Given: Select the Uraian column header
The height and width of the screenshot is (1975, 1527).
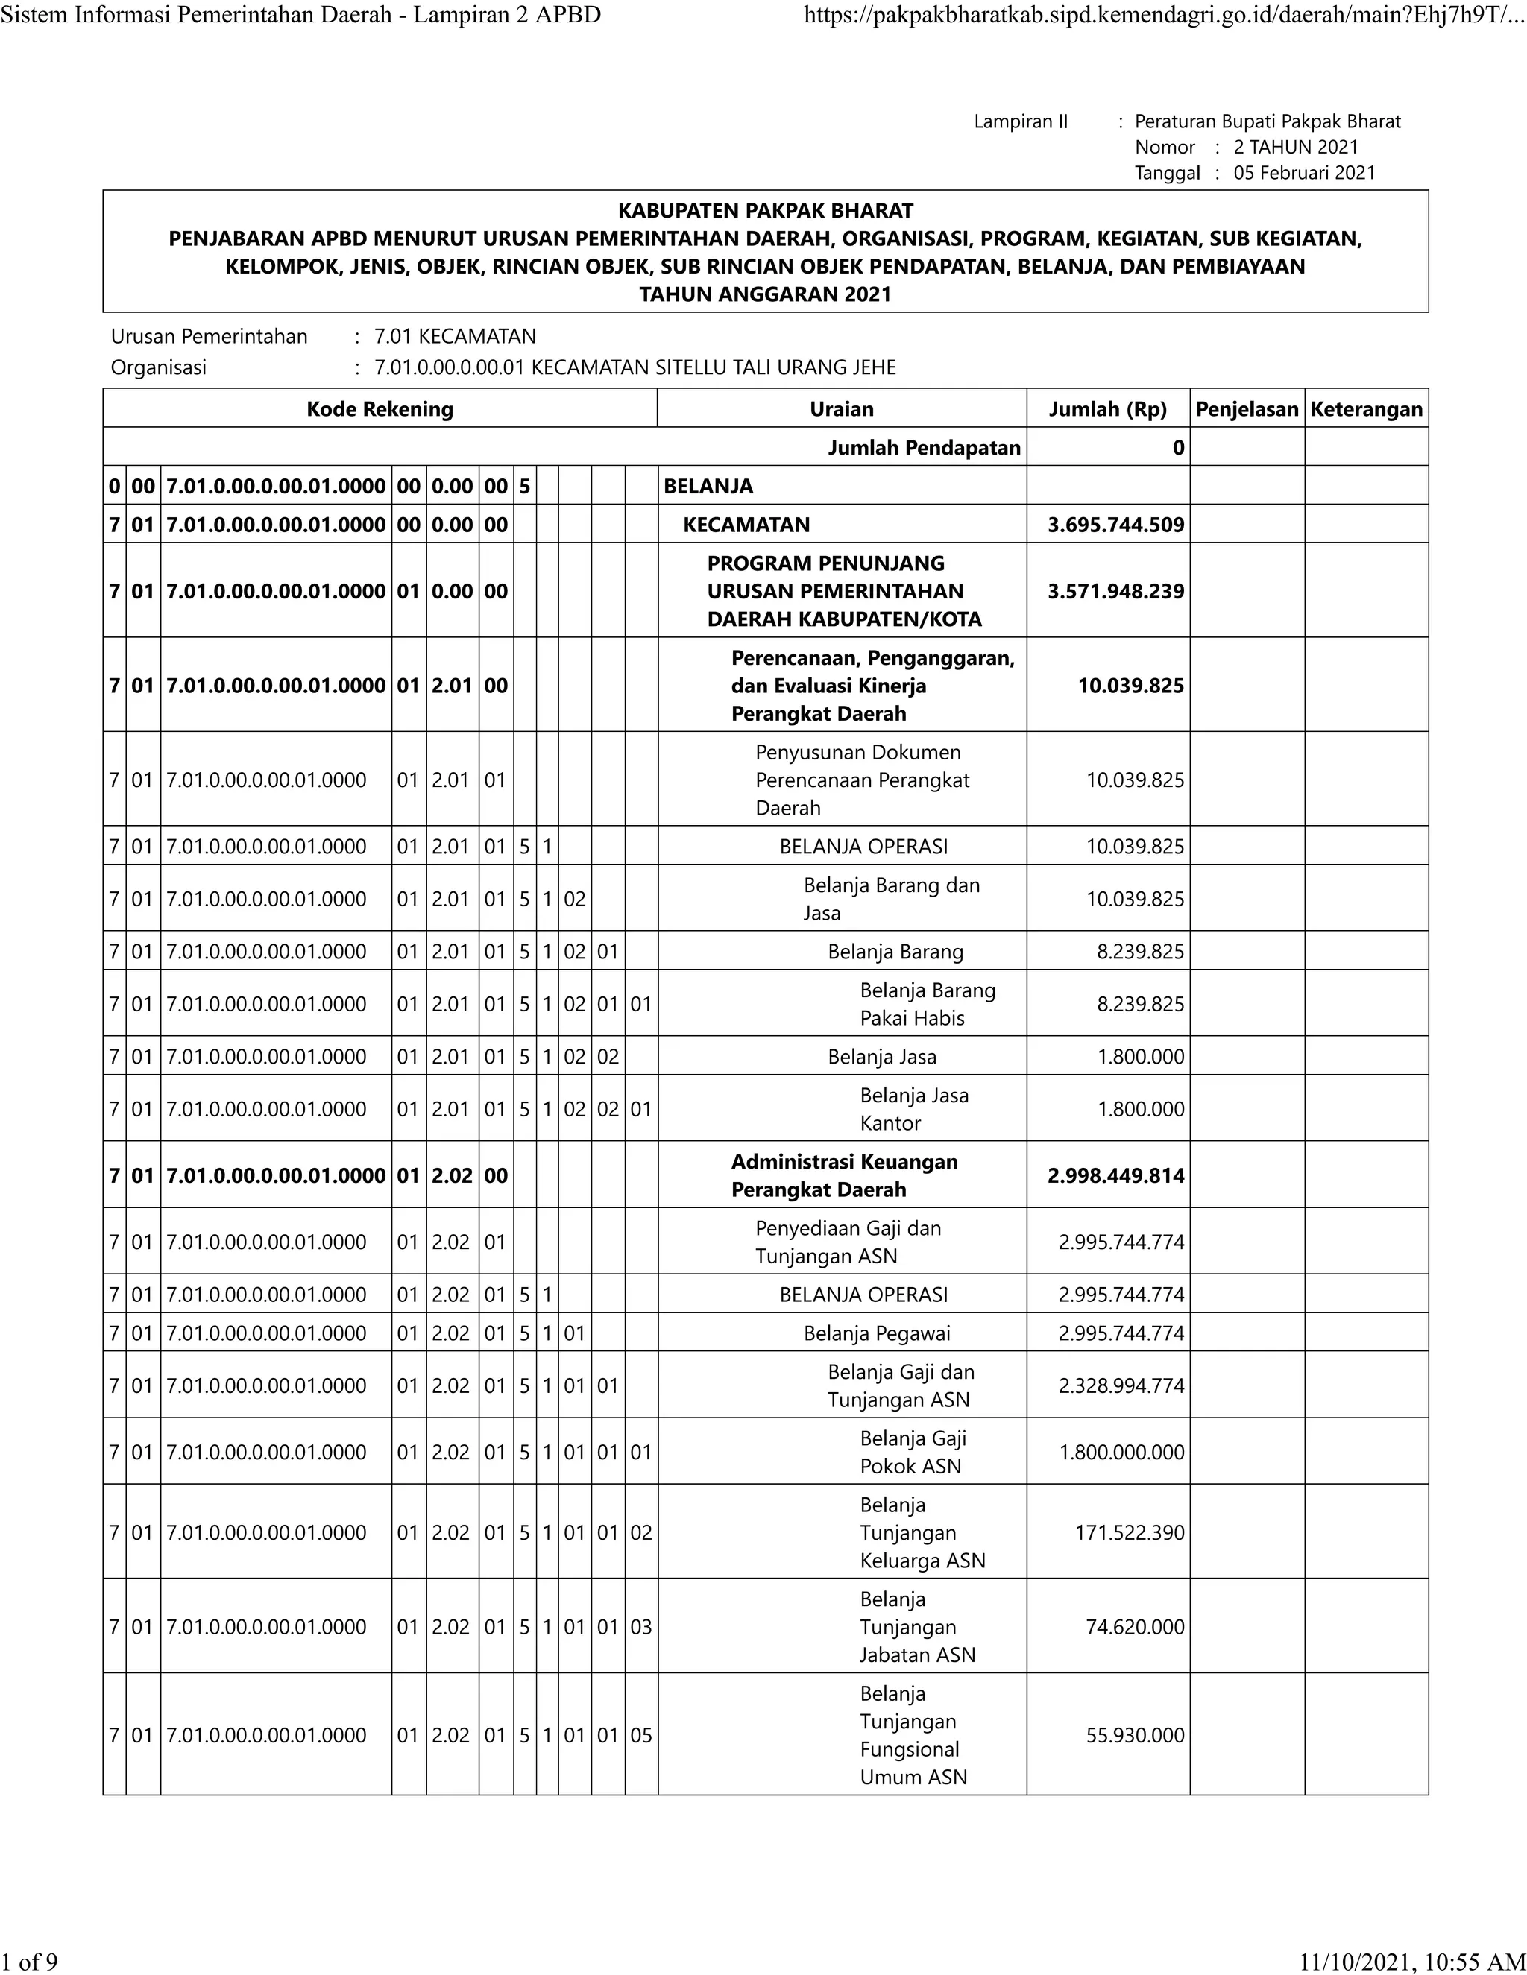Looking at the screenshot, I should pyautogui.click(x=841, y=408).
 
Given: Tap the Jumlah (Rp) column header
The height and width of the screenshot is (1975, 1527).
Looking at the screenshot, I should pyautogui.click(x=1107, y=408).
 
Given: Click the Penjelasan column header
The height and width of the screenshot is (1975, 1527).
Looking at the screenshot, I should pyautogui.click(x=1247, y=408).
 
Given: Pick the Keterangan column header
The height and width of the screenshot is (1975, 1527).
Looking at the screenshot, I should pyautogui.click(x=1366, y=408).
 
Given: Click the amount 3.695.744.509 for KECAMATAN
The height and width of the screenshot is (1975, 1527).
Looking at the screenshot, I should pyautogui.click(x=1115, y=525).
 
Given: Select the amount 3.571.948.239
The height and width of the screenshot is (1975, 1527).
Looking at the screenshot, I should pyautogui.click(x=1115, y=592).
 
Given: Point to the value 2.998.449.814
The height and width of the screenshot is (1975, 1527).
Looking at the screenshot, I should pyautogui.click(x=1115, y=1175).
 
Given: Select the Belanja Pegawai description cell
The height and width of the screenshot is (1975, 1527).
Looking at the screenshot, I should pyautogui.click(x=877, y=1333).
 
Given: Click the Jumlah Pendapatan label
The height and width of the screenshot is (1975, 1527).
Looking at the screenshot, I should pyautogui.click(x=924, y=448).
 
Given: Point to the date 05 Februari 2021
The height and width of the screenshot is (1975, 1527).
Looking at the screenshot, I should pyautogui.click(x=1303, y=173).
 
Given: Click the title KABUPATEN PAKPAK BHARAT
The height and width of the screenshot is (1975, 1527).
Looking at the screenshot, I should pyautogui.click(x=765, y=211).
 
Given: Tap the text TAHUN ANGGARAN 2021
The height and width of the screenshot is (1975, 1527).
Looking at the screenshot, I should pyautogui.click(x=765, y=294).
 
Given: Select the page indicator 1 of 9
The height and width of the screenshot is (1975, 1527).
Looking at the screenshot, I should pyautogui.click(x=30, y=1961).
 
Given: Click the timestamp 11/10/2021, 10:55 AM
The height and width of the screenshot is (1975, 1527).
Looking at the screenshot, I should pyautogui.click(x=1411, y=1961).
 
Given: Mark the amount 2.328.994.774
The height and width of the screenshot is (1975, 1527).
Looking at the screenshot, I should pyautogui.click(x=1121, y=1385).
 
